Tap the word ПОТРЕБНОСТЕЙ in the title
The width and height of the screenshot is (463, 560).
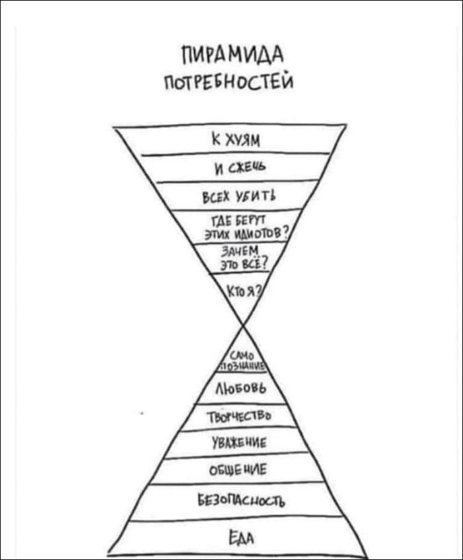(230, 82)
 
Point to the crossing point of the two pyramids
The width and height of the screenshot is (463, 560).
(244, 325)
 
